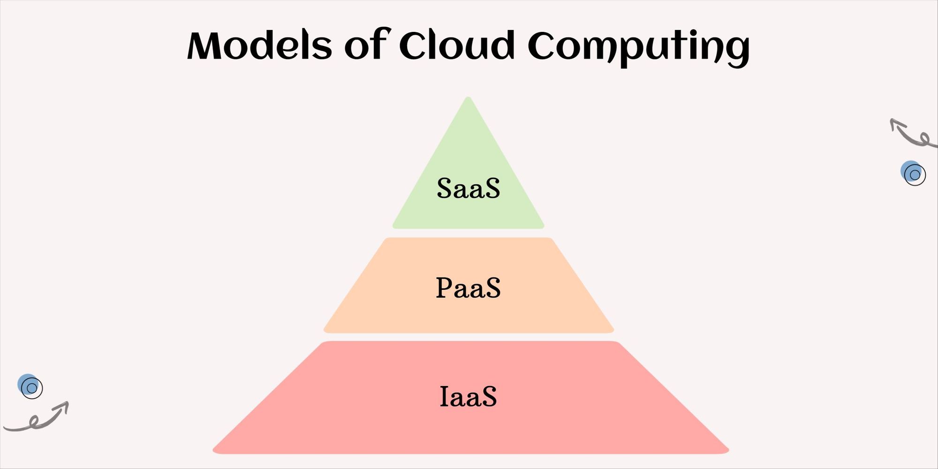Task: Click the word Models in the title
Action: (259, 45)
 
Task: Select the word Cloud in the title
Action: (457, 45)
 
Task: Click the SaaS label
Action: (468, 188)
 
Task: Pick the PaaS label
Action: (468, 287)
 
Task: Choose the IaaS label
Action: (468, 396)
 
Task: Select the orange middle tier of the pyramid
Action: (469, 285)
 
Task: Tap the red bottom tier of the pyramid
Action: (470, 397)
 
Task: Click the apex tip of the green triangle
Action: (468, 97)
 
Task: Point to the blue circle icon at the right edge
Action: (913, 173)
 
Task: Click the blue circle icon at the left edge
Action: (30, 386)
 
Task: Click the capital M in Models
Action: (206, 45)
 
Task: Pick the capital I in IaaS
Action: (445, 396)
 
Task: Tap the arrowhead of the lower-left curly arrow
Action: (64, 406)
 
